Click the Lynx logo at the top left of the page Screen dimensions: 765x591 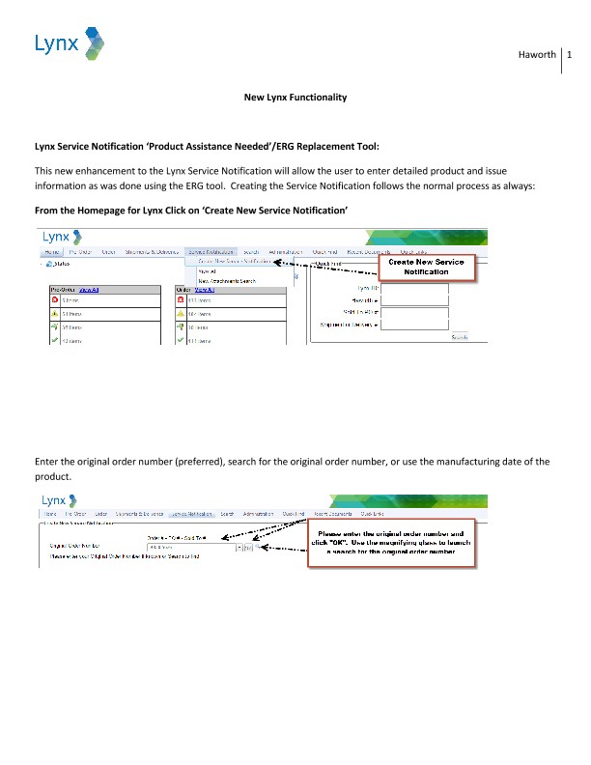coord(69,43)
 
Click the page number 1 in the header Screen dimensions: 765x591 coord(571,55)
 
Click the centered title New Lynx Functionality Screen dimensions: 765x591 coord(295,98)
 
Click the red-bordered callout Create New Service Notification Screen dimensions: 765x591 coord(425,267)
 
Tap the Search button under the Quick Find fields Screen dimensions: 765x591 coord(460,337)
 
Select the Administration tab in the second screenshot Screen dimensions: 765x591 coord(259,514)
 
